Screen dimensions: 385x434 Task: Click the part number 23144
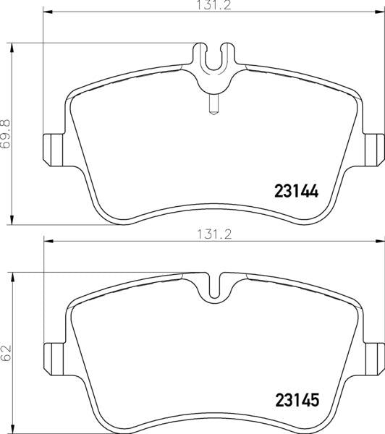(297, 191)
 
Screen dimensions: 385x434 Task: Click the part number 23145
(297, 400)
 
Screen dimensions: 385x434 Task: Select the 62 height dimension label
(6, 353)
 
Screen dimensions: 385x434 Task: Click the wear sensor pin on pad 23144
(213, 103)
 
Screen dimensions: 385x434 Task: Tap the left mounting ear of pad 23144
(53, 150)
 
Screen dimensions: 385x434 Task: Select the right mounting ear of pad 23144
(375, 150)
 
